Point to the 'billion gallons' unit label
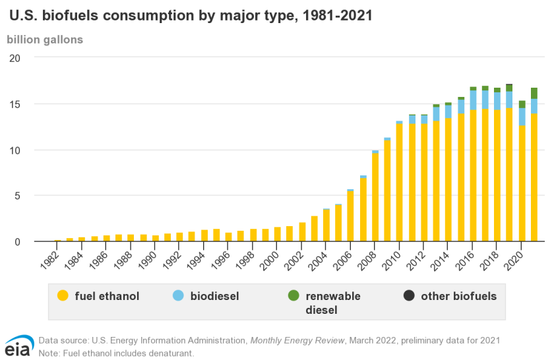pyautogui.click(x=45, y=40)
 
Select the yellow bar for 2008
pyautogui.click(x=375, y=198)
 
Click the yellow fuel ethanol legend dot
pyautogui.click(x=63, y=296)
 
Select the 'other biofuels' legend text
pyautogui.click(x=458, y=296)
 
